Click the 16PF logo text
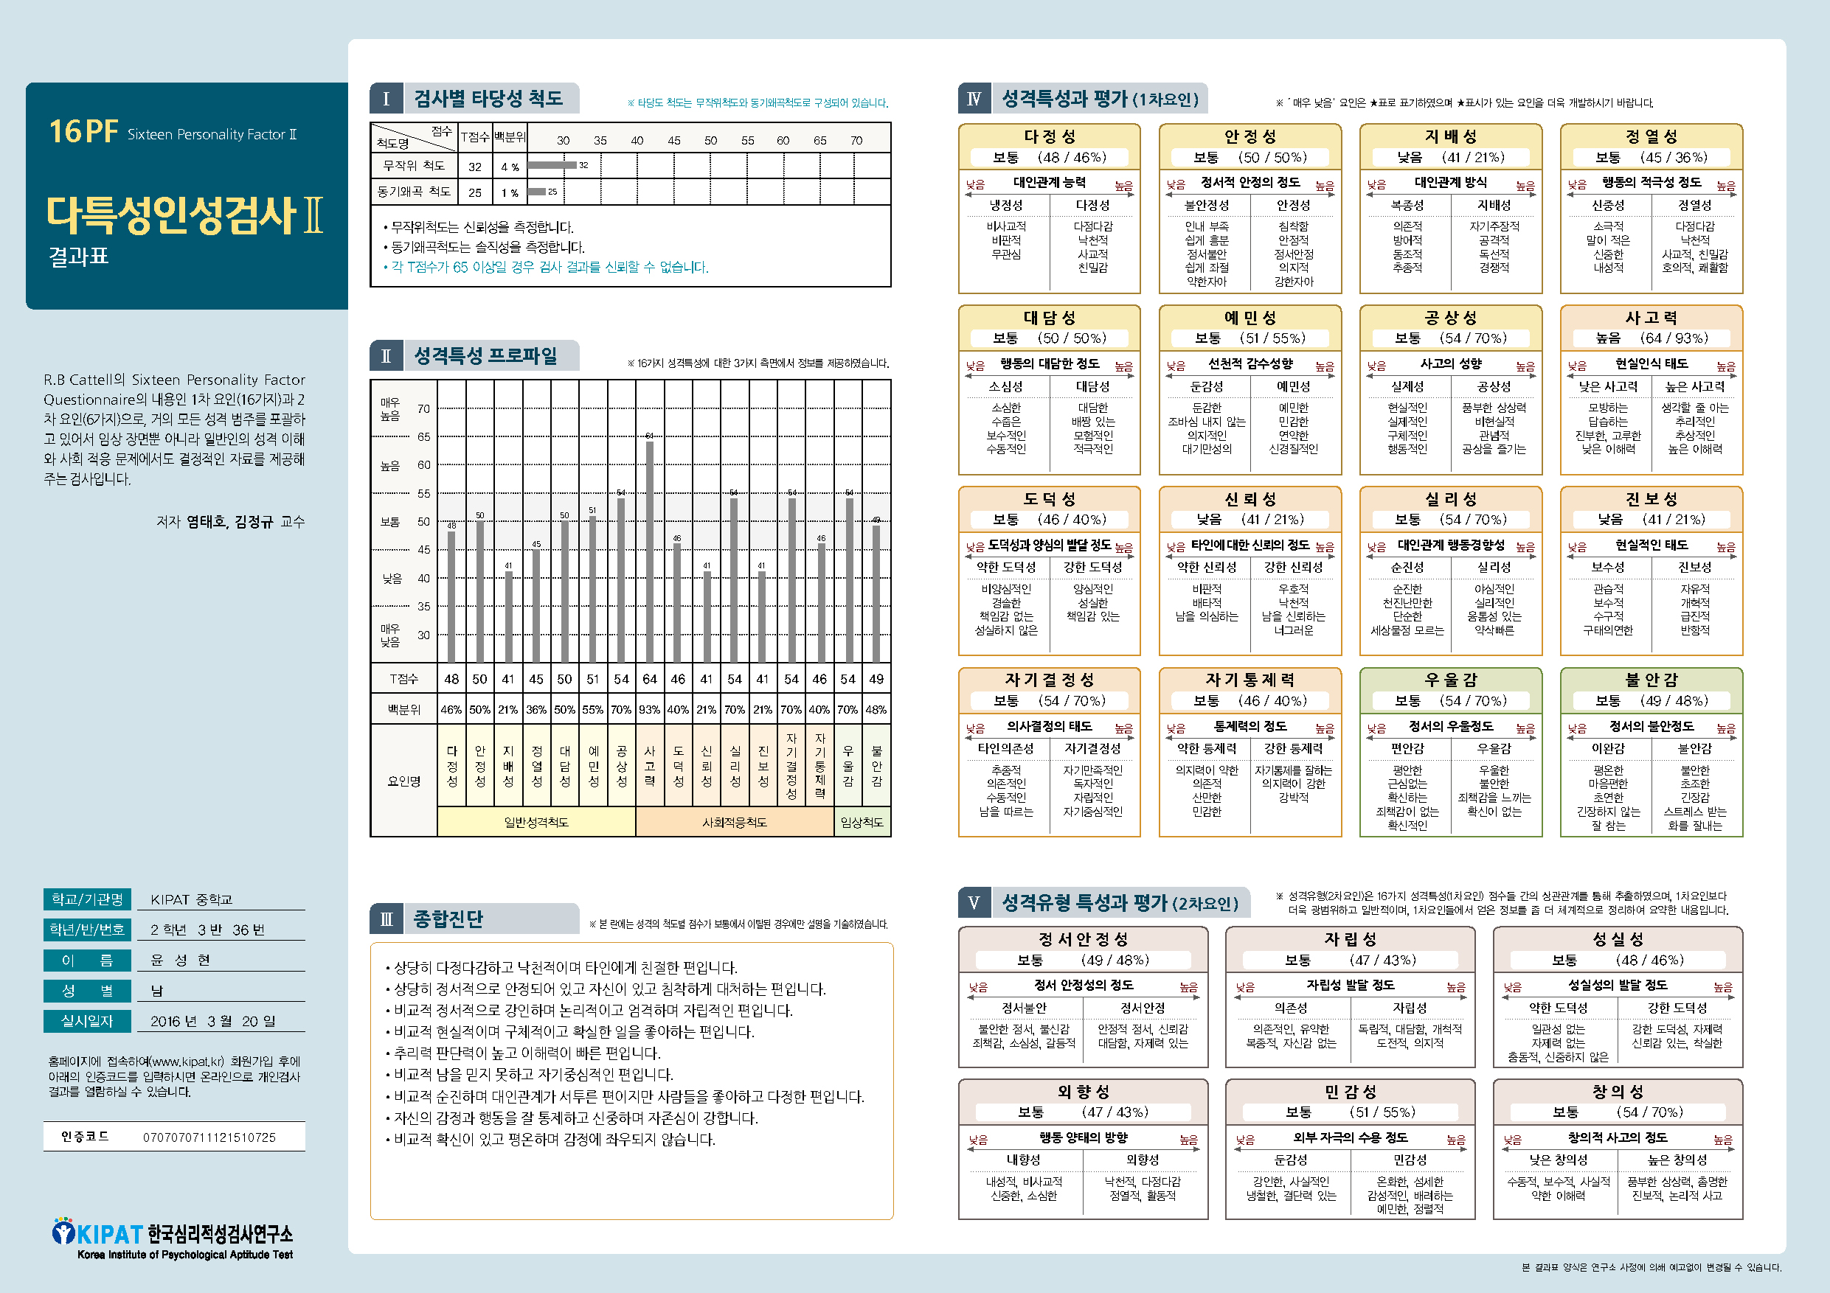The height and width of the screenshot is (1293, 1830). click(83, 131)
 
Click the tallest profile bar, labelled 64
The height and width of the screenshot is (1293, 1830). click(650, 550)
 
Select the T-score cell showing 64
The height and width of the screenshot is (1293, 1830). click(650, 680)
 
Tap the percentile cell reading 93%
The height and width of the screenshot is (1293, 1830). click(650, 710)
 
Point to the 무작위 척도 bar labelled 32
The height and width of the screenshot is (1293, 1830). click(552, 166)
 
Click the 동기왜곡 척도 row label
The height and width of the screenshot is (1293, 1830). click(414, 192)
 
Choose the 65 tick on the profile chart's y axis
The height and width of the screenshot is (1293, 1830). click(423, 436)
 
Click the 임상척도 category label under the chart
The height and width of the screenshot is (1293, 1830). click(862, 822)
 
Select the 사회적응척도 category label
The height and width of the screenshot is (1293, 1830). click(734, 822)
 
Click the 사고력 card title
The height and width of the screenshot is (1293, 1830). click(1651, 318)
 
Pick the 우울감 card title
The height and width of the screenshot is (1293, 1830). click(1451, 680)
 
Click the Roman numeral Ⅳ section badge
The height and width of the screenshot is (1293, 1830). click(973, 100)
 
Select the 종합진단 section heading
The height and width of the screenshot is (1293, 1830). click(448, 919)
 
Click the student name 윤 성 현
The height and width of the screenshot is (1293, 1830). click(181, 960)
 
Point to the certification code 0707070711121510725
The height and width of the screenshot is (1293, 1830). click(209, 1137)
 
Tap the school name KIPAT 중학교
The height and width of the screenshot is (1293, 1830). click(191, 899)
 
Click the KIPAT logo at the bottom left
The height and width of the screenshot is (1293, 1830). click(172, 1239)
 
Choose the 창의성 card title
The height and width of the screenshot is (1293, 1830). click(1617, 1092)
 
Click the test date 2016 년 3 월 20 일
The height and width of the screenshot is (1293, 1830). click(213, 1021)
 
